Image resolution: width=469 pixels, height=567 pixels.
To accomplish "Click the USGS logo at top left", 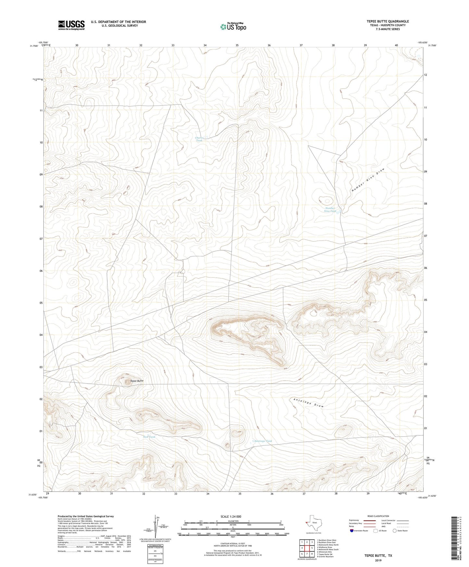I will click(71, 25).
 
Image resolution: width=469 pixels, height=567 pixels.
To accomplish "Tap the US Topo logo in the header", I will click(233, 27).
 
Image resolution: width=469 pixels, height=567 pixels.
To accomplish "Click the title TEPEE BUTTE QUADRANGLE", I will click(383, 21).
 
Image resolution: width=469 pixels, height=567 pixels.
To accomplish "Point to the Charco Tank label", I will click(199, 139).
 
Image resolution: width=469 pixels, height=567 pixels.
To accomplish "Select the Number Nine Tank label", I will click(330, 209).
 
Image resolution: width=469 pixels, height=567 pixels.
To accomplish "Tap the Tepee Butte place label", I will click(137, 381).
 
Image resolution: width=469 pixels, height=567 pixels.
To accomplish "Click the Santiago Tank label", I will click(263, 441).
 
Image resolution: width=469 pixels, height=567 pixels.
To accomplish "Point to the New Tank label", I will click(149, 437).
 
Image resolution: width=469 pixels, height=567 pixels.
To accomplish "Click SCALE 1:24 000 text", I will click(231, 516).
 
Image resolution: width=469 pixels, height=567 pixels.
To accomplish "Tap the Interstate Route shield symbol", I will click(352, 531).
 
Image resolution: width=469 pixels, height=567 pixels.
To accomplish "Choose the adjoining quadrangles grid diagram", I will click(307, 548).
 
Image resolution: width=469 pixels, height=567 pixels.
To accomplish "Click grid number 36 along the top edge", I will click(269, 45).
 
